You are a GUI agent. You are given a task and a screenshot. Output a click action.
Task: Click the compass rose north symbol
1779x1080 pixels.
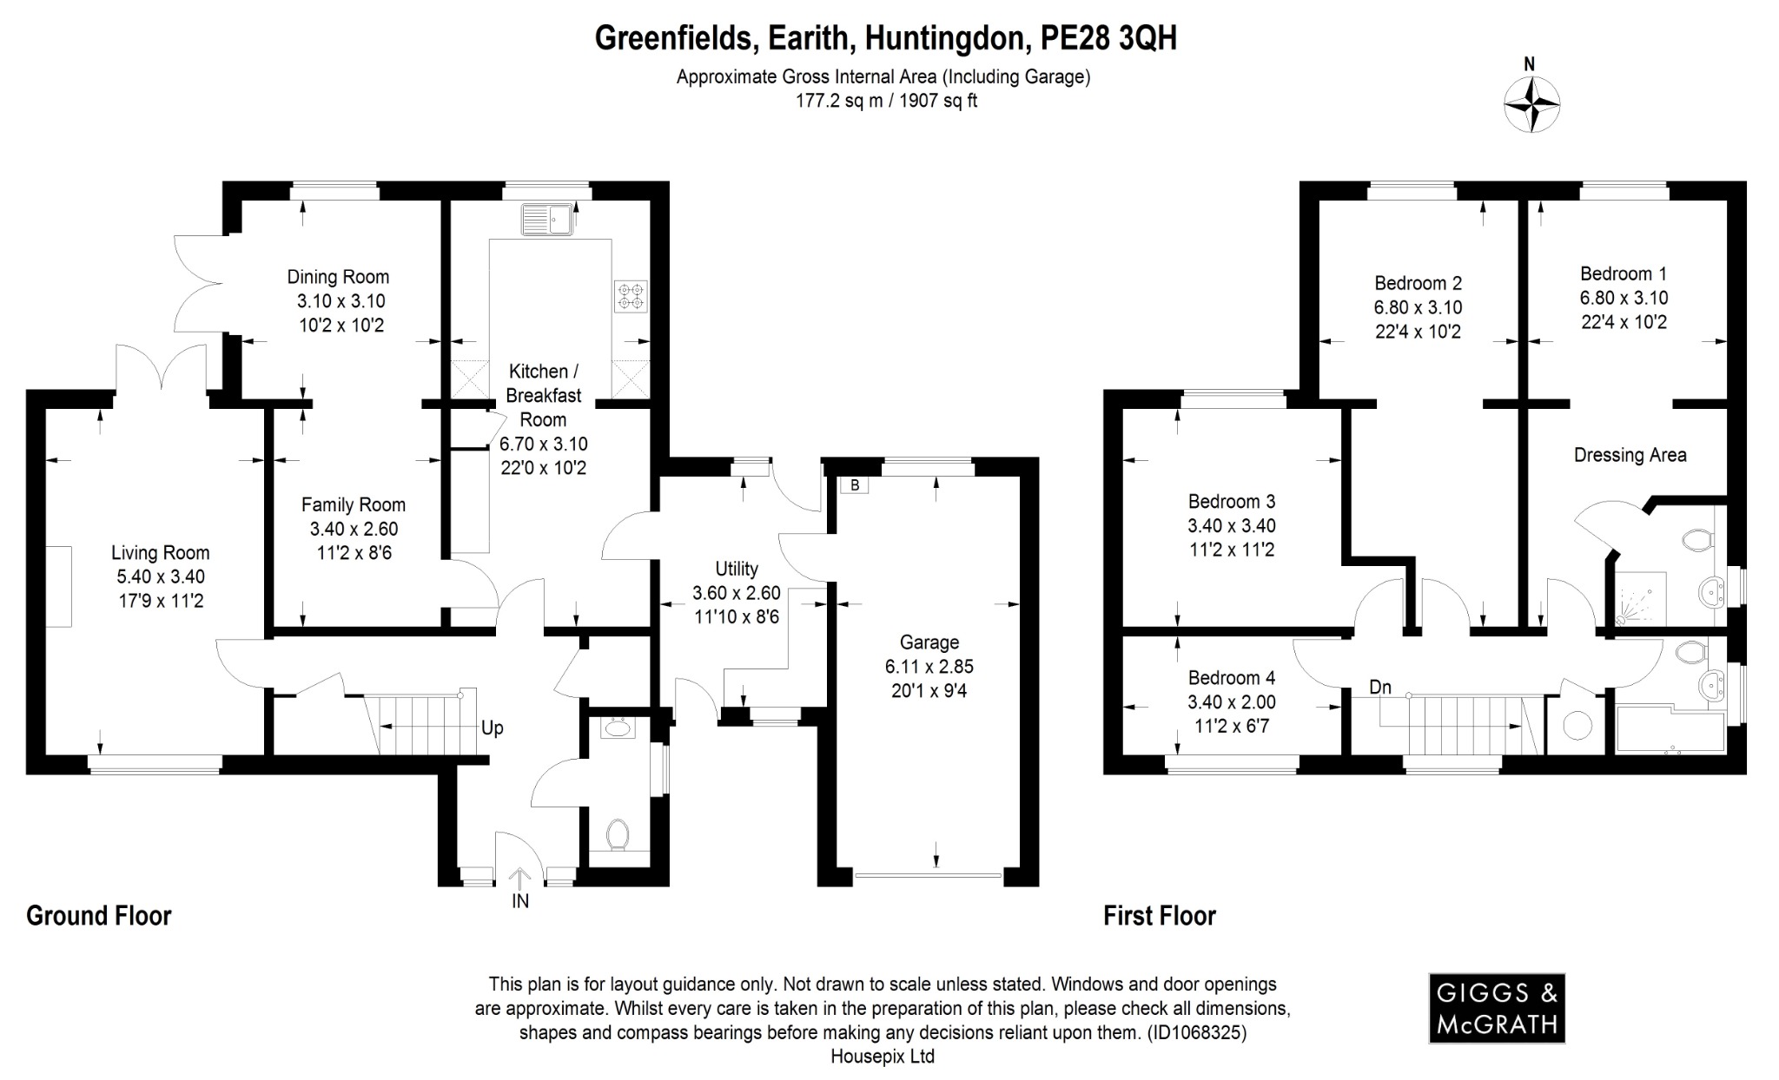pyautogui.click(x=1532, y=103)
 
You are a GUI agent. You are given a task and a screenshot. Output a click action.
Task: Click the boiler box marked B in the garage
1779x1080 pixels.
pyautogui.click(x=855, y=485)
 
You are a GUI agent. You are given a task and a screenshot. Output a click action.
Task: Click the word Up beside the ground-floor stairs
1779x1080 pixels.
pyautogui.click(x=492, y=728)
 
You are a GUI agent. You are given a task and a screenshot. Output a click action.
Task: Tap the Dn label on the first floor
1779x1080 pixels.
pyautogui.click(x=1380, y=688)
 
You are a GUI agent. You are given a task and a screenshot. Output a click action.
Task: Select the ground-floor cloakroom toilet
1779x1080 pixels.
pyautogui.click(x=618, y=834)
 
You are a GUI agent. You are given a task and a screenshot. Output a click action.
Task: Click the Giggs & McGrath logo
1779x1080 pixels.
pyautogui.click(x=1497, y=1008)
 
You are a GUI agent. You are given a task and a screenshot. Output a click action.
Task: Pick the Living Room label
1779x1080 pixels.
pyautogui.click(x=160, y=552)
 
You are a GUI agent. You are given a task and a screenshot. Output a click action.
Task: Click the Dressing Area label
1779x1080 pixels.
pyautogui.click(x=1630, y=455)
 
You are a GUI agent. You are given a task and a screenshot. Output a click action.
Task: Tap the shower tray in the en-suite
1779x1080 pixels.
pyautogui.click(x=1640, y=599)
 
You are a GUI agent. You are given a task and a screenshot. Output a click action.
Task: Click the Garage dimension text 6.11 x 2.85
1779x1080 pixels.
pyautogui.click(x=929, y=667)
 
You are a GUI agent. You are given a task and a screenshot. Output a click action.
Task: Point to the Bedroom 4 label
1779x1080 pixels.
pyautogui.click(x=1231, y=677)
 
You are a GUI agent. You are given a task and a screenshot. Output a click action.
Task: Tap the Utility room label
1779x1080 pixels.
pyautogui.click(x=736, y=569)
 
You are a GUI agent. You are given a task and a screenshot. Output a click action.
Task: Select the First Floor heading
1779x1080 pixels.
pyautogui.click(x=1159, y=916)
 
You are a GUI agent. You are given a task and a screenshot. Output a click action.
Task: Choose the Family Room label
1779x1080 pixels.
pyautogui.click(x=353, y=504)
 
